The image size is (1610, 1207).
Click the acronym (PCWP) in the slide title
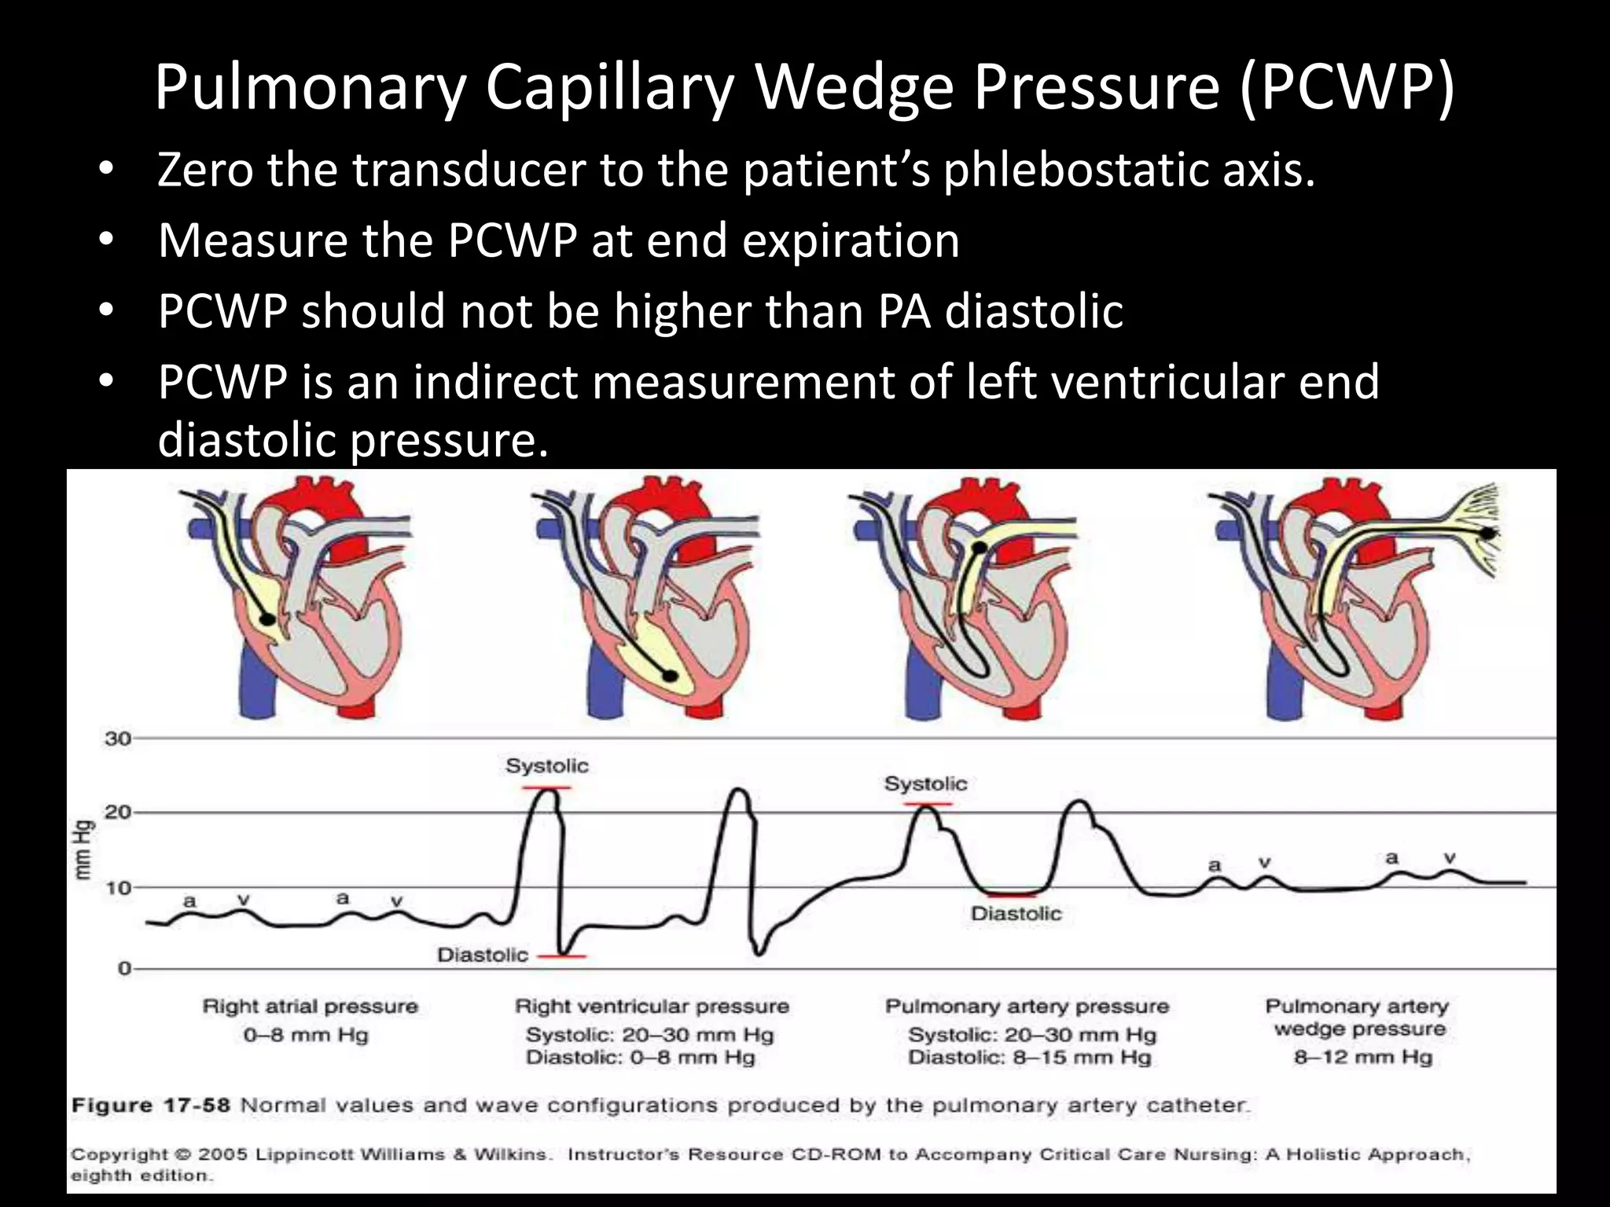click(x=1347, y=88)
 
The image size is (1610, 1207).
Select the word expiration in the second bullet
click(x=851, y=240)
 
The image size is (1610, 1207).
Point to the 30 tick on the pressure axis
click(x=118, y=739)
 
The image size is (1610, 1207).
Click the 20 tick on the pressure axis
click(x=118, y=812)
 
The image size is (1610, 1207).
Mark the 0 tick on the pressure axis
click(x=124, y=968)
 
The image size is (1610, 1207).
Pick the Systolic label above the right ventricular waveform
click(x=546, y=766)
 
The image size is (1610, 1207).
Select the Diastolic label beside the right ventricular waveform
click(x=483, y=956)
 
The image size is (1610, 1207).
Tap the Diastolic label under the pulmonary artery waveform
click(x=1016, y=914)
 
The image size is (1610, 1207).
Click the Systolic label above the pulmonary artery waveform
click(x=925, y=783)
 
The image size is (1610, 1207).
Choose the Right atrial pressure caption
click(x=310, y=1007)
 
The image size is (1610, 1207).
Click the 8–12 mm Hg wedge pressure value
click(x=1363, y=1057)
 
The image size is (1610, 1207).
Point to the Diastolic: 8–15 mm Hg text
click(x=1029, y=1058)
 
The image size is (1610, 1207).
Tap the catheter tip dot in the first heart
click(x=268, y=619)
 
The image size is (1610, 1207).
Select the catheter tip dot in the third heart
click(x=979, y=548)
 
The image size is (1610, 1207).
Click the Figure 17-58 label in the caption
click(x=150, y=1106)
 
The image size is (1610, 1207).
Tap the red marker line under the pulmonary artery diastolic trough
click(x=1013, y=895)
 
